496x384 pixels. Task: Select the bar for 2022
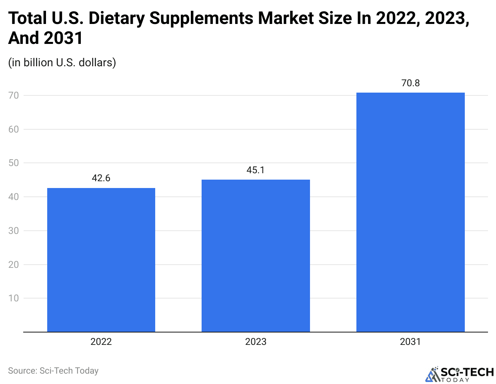pyautogui.click(x=101, y=260)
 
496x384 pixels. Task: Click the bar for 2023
pyautogui.click(x=256, y=256)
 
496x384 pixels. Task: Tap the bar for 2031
pyautogui.click(x=410, y=212)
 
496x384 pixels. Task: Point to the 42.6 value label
pyautogui.click(x=101, y=178)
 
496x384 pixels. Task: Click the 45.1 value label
pyautogui.click(x=256, y=170)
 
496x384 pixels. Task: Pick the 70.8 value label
pyautogui.click(x=410, y=83)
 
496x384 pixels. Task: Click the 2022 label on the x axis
pyautogui.click(x=101, y=342)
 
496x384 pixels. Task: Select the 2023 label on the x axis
pyautogui.click(x=256, y=342)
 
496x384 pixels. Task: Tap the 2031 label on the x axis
pyautogui.click(x=410, y=342)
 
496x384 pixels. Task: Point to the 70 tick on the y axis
pyautogui.click(x=14, y=95)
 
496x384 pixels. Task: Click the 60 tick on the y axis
pyautogui.click(x=14, y=129)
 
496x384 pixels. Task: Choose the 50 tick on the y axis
pyautogui.click(x=14, y=163)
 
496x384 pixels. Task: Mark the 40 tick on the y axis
pyautogui.click(x=14, y=197)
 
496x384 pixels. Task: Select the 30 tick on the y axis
pyautogui.click(x=14, y=231)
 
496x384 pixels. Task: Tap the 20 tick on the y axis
pyautogui.click(x=14, y=265)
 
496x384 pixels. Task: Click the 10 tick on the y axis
pyautogui.click(x=14, y=298)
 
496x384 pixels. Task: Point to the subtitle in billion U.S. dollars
pyautogui.click(x=62, y=63)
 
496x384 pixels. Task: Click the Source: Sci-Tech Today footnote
pyautogui.click(x=53, y=371)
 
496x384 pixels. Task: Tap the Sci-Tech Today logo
pyautogui.click(x=460, y=374)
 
